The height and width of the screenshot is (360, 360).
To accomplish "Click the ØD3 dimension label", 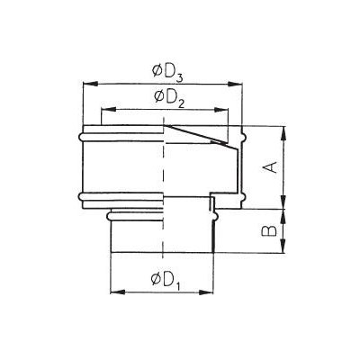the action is [x=167, y=73].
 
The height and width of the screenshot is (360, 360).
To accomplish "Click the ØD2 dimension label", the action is [x=169, y=98].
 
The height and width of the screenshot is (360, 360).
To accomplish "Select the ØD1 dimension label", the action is [x=166, y=281].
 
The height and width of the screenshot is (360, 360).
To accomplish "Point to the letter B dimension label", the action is [x=269, y=230].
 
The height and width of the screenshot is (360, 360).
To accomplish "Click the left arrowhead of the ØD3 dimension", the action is [x=90, y=84].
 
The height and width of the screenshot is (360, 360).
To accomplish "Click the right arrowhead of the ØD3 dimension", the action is [x=235, y=84].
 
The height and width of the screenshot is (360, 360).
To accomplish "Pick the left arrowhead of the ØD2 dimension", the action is [x=109, y=110].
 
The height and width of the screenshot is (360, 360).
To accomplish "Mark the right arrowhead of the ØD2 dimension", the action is [x=220, y=110].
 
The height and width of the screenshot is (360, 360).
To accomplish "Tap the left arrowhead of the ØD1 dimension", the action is [x=118, y=292].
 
